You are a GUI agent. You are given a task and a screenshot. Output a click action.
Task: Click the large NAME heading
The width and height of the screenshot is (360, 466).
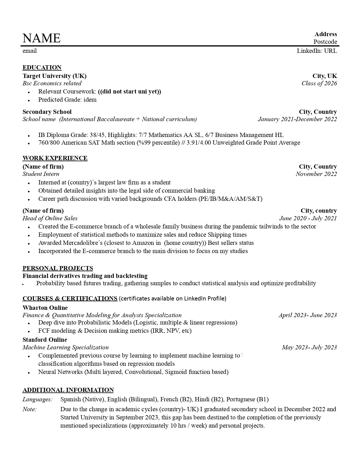[x=42, y=38]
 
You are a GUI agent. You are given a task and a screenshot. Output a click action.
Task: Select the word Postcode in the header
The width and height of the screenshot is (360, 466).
[x=325, y=42]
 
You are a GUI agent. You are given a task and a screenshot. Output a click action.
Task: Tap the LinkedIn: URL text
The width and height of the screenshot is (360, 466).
[x=317, y=51]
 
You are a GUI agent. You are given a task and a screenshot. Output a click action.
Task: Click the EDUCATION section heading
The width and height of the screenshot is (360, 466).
[x=42, y=67]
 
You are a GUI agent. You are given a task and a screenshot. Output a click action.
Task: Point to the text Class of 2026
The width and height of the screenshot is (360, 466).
[x=319, y=83]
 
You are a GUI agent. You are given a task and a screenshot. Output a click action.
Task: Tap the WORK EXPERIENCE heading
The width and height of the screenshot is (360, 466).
[x=55, y=158]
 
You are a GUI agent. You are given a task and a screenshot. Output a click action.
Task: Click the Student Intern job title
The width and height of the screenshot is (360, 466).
[x=41, y=174]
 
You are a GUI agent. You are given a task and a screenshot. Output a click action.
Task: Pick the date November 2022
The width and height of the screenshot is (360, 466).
[x=316, y=174]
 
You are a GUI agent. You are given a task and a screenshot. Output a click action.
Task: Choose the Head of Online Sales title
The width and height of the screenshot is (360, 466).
[x=50, y=218]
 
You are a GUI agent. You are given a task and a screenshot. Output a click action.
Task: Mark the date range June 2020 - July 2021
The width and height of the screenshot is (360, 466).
[x=308, y=218]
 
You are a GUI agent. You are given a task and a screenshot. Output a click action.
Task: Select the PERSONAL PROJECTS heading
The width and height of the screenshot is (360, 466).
[x=58, y=268]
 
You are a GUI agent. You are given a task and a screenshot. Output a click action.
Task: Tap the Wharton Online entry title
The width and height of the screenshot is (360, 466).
[x=45, y=308]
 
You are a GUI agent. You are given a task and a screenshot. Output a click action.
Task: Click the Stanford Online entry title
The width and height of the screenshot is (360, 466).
[x=45, y=340]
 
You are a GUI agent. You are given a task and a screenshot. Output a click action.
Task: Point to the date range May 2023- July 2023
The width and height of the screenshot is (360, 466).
[x=309, y=347]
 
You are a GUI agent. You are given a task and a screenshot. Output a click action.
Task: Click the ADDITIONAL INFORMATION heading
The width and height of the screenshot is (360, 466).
[x=68, y=390]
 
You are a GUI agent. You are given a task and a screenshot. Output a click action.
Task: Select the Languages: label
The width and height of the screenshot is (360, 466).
[x=38, y=399]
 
